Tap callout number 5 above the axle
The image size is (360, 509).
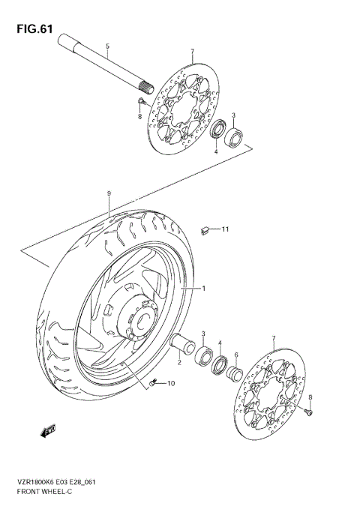(x=107, y=46)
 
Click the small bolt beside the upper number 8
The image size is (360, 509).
(x=141, y=100)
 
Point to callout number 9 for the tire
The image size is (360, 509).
(x=109, y=193)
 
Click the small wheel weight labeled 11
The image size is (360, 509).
(x=204, y=230)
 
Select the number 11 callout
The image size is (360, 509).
(x=224, y=229)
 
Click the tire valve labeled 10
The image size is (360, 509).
(x=154, y=384)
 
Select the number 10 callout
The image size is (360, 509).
(x=170, y=385)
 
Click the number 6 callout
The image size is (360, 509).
(x=235, y=355)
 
